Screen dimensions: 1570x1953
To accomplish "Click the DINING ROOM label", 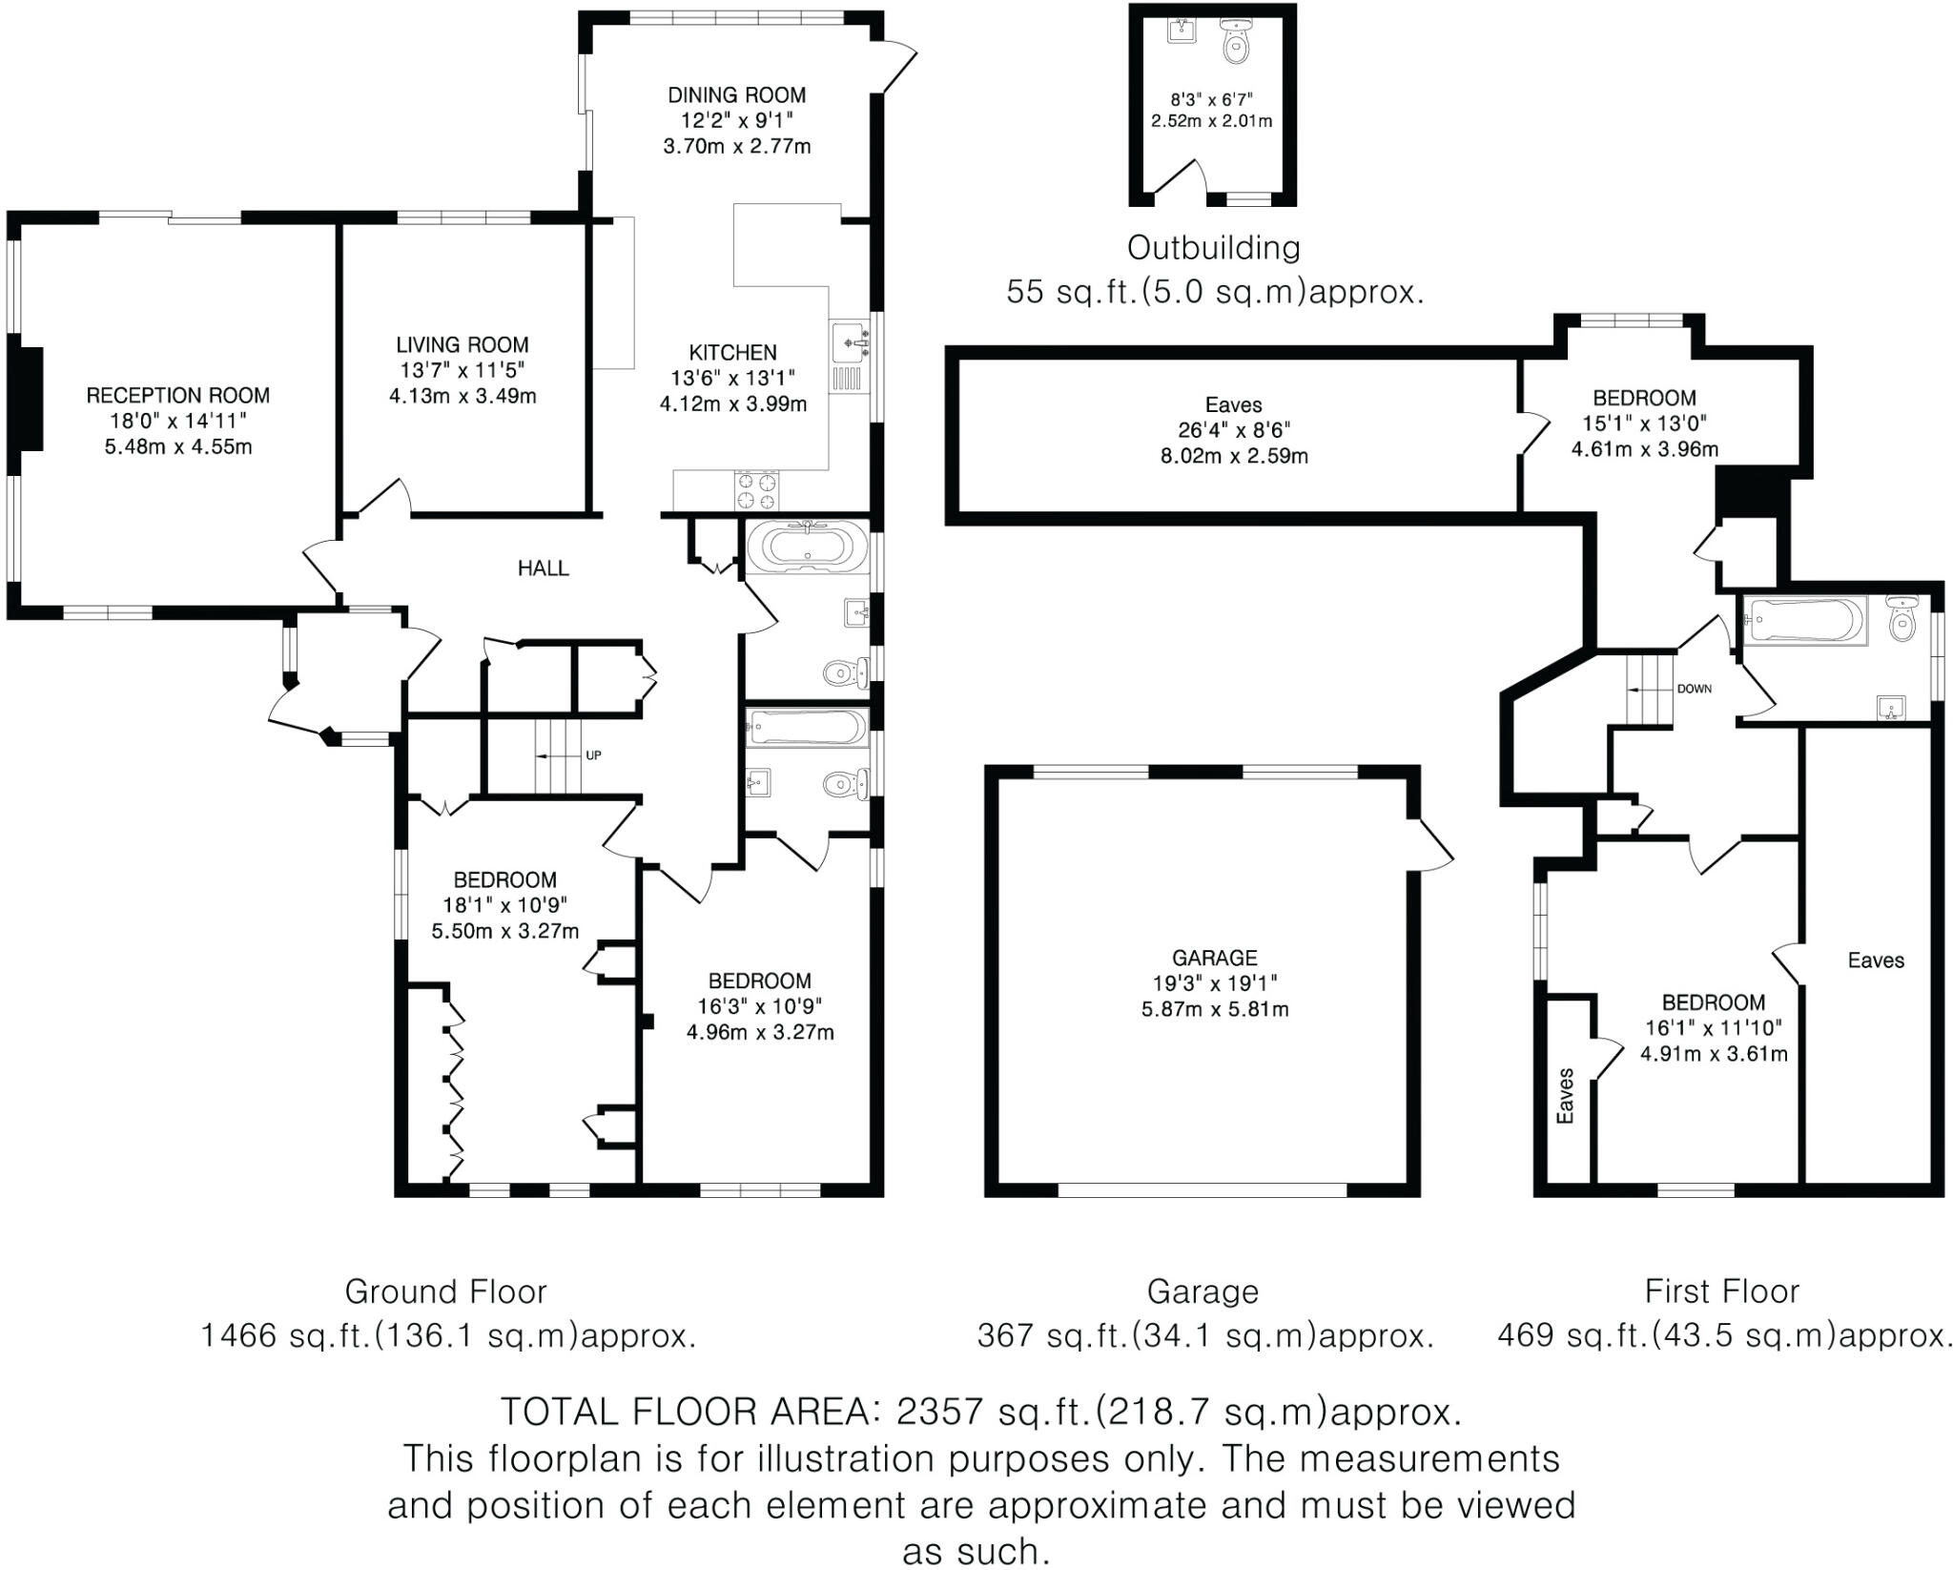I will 736,95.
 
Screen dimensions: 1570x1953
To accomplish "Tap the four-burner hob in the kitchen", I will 755,490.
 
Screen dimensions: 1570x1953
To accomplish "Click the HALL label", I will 544,568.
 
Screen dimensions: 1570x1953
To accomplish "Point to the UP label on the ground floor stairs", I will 593,755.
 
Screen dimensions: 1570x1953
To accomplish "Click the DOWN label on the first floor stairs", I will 1694,689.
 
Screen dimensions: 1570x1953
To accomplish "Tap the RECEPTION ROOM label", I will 177,396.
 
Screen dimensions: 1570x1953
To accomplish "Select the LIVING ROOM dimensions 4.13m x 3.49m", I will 463,396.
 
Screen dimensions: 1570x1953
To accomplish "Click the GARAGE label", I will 1215,958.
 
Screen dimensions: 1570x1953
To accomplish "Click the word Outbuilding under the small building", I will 1213,249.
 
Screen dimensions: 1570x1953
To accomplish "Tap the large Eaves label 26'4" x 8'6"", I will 1233,405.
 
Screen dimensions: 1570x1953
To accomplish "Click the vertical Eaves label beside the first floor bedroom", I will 1565,1095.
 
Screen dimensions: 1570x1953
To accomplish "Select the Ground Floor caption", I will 445,1291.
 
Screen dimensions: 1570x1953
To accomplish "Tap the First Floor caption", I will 1721,1291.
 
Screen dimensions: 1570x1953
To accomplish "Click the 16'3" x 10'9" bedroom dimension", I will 760,1006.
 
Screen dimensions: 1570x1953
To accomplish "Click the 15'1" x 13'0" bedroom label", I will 1644,423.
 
